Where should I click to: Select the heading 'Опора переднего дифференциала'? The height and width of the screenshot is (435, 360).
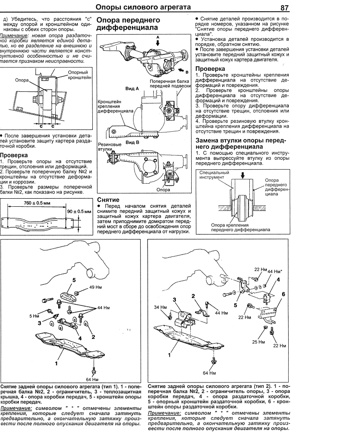point(128,24)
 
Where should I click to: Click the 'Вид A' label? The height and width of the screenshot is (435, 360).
point(132,88)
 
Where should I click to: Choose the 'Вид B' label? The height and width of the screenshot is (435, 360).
point(132,142)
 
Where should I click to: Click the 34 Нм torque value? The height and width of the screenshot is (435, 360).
point(160,307)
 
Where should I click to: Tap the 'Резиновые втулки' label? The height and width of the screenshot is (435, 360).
point(109,148)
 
